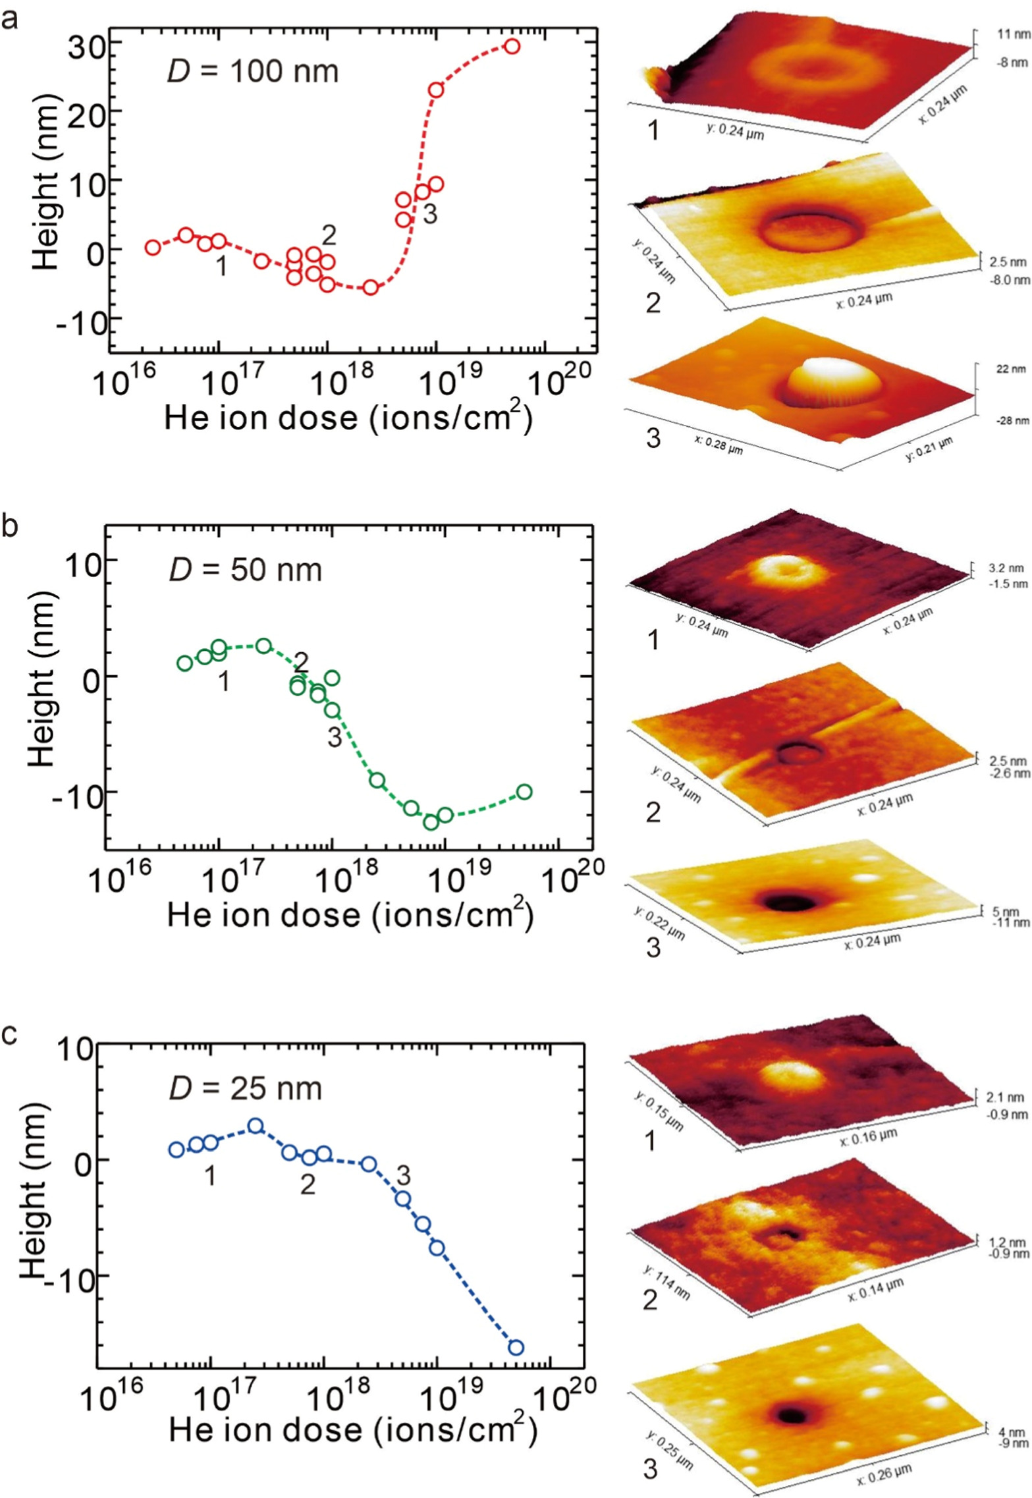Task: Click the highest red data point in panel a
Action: click(512, 46)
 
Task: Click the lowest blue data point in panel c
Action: click(516, 1347)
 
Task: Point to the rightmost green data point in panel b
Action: click(524, 791)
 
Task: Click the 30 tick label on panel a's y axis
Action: click(80, 42)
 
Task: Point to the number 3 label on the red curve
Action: click(429, 214)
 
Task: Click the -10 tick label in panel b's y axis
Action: click(71, 792)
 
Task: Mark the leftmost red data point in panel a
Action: click(153, 247)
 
